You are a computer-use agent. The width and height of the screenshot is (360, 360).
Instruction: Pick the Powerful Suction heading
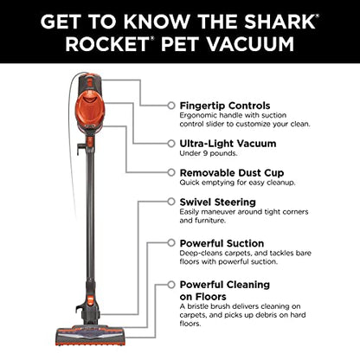(222, 243)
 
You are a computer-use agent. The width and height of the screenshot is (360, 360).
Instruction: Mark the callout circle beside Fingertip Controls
(170, 105)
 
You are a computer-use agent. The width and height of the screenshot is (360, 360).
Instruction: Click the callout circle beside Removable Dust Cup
(170, 172)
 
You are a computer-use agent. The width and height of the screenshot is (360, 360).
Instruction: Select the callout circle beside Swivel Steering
(170, 202)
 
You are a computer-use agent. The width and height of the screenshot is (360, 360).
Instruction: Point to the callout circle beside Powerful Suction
(170, 243)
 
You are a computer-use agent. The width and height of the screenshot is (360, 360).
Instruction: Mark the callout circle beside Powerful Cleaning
(170, 284)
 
